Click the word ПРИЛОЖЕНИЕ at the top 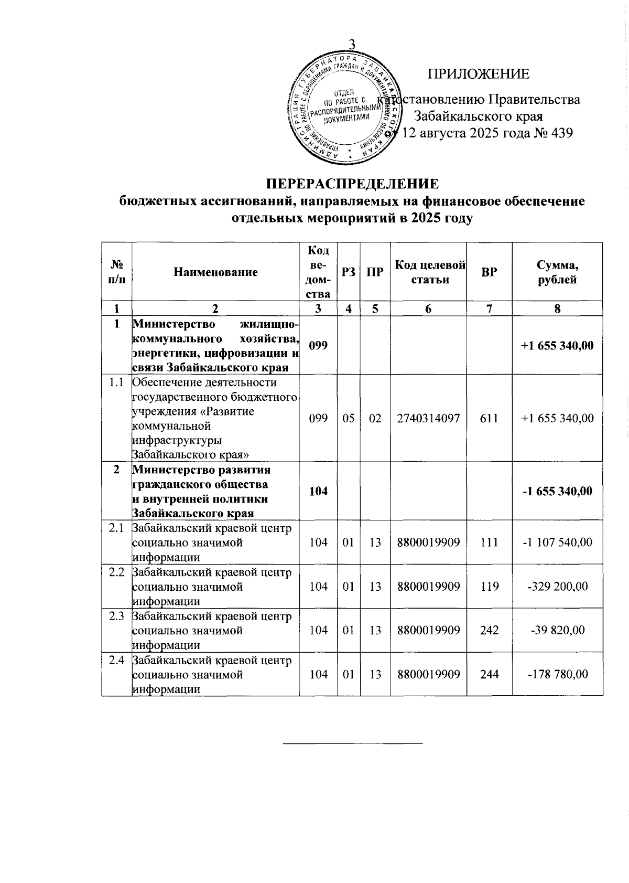[x=479, y=74]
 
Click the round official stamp [x=344, y=106]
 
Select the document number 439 [x=560, y=133]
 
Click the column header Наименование [x=216, y=272]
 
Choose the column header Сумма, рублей [x=557, y=273]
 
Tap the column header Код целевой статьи [x=430, y=272]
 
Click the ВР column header [x=489, y=272]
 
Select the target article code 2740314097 [x=429, y=418]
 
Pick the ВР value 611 [x=489, y=418]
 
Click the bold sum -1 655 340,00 [x=557, y=491]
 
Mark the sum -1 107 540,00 [x=557, y=542]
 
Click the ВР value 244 [x=489, y=674]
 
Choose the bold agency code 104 [x=319, y=491]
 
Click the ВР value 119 [x=489, y=586]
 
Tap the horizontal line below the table [x=352, y=743]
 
